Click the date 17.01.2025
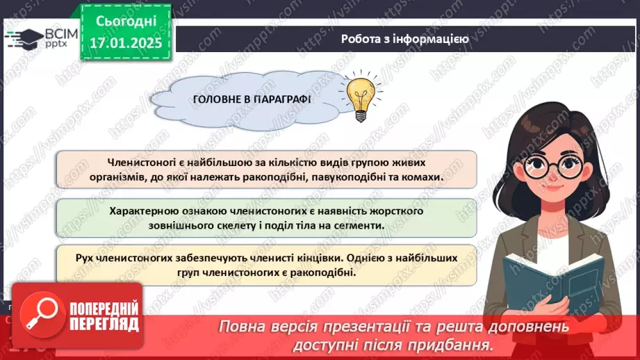[x=126, y=42]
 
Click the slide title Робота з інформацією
[x=404, y=39]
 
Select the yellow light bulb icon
[x=361, y=96]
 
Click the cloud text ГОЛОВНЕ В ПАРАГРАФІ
[x=252, y=99]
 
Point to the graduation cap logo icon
[x=26, y=38]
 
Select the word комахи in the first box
[x=421, y=177]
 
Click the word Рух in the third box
[x=85, y=257]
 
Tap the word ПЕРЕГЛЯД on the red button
[x=104, y=324]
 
